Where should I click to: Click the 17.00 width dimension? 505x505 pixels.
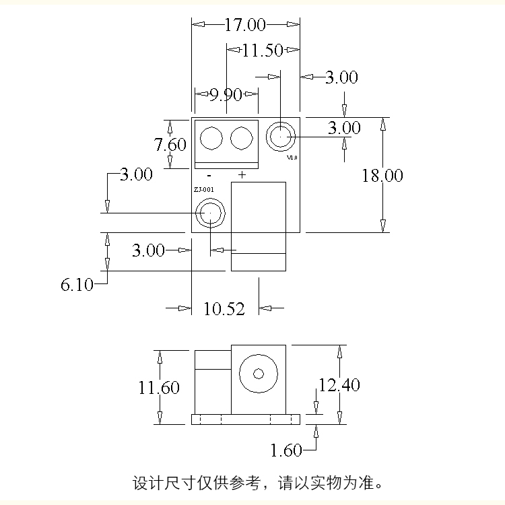(x=245, y=25)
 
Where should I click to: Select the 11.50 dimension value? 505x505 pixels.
(x=263, y=49)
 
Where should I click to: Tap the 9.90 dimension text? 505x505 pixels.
(x=225, y=94)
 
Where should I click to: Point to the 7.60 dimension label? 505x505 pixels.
(x=170, y=144)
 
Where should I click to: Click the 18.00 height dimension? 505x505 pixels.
(x=382, y=176)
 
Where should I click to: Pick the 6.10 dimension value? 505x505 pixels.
(x=77, y=285)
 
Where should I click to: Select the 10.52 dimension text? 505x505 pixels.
(x=224, y=308)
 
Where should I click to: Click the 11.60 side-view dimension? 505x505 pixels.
(x=159, y=388)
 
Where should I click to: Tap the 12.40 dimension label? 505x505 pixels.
(x=339, y=385)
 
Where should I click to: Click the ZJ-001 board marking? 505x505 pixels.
(x=204, y=191)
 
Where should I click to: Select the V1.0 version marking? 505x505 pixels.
(x=292, y=158)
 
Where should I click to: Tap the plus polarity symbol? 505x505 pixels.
(x=242, y=175)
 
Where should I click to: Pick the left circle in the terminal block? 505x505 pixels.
(x=211, y=139)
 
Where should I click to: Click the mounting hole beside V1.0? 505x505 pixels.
(x=279, y=137)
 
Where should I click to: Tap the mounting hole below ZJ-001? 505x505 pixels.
(x=209, y=213)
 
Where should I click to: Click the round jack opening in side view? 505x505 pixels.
(x=259, y=374)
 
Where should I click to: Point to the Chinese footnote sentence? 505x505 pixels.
(x=259, y=483)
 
